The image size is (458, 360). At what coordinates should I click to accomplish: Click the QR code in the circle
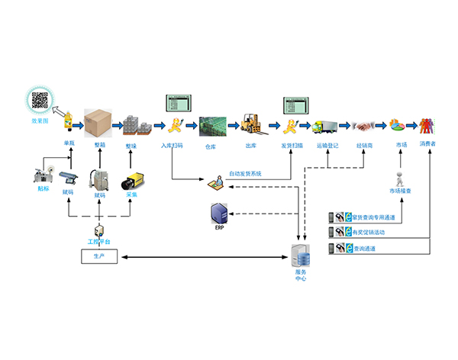[40, 100]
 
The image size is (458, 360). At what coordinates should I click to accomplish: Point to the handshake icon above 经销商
[363, 124]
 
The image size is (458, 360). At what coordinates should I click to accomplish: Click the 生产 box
[99, 258]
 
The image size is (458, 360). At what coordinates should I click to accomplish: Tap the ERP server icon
[218, 213]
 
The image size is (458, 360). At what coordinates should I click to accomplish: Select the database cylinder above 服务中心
[300, 252]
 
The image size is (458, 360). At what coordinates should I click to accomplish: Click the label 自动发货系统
[245, 174]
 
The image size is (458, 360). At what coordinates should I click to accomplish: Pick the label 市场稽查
[401, 189]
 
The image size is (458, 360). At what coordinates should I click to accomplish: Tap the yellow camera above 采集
[132, 182]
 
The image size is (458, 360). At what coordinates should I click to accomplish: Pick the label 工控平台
[99, 242]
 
